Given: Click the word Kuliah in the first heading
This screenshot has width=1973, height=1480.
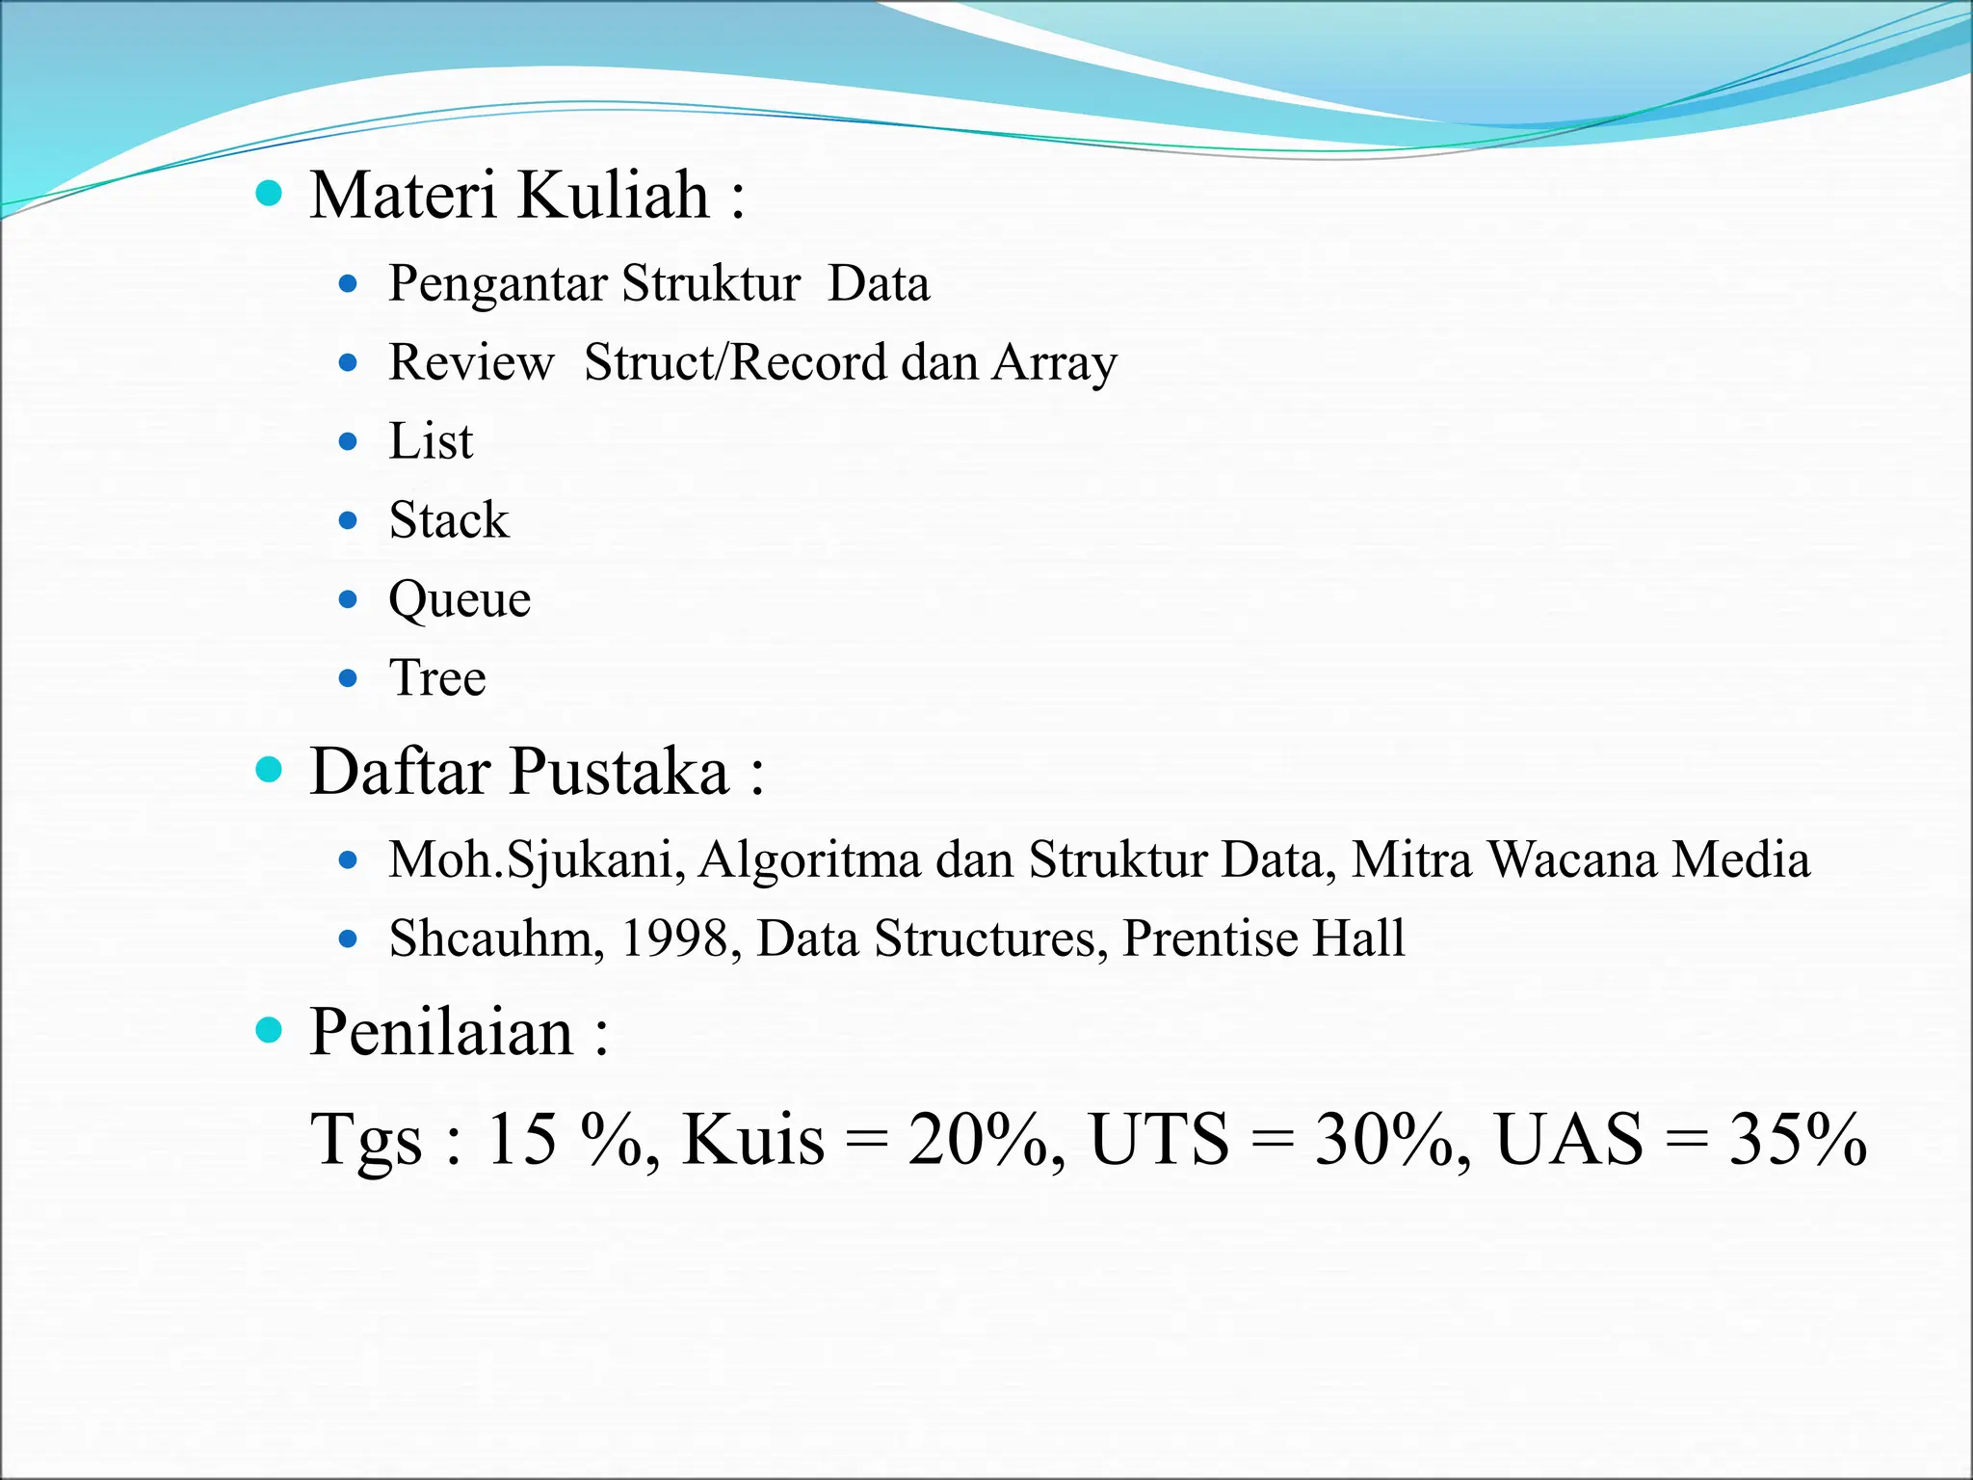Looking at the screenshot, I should click(614, 195).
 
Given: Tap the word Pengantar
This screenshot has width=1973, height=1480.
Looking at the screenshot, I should click(498, 284).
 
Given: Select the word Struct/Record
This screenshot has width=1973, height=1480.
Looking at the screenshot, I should click(735, 362).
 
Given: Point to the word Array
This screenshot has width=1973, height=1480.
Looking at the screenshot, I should click(1055, 364).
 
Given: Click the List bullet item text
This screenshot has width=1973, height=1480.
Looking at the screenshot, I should click(431, 441).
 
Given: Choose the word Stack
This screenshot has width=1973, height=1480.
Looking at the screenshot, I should click(449, 520).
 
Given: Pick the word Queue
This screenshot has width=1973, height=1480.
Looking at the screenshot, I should click(460, 600).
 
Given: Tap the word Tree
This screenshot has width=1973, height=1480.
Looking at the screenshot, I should click(437, 677).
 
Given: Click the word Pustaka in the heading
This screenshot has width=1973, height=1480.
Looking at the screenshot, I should click(618, 772).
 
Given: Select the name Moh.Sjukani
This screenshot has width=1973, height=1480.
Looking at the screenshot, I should click(536, 859).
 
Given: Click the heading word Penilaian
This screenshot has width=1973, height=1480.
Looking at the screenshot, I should click(441, 1032).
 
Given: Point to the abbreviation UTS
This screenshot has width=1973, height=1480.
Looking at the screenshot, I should click(1159, 1139).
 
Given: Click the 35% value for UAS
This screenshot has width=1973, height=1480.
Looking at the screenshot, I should click(1798, 1139).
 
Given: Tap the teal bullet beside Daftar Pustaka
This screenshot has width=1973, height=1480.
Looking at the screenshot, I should click(269, 771).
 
